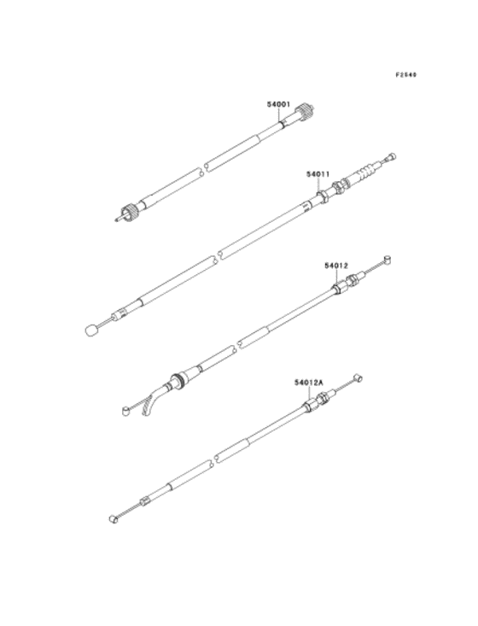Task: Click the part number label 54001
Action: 278,104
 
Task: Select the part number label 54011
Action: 318,174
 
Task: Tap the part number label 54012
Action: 336,266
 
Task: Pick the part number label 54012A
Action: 309,383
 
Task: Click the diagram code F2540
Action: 405,74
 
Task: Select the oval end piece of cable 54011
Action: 92,331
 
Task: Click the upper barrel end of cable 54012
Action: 388,260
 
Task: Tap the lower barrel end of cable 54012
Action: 125,411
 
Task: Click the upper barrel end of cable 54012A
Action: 358,377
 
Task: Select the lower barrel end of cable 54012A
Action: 114,518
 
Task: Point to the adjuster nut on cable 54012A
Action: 323,398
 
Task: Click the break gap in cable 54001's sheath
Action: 204,168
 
